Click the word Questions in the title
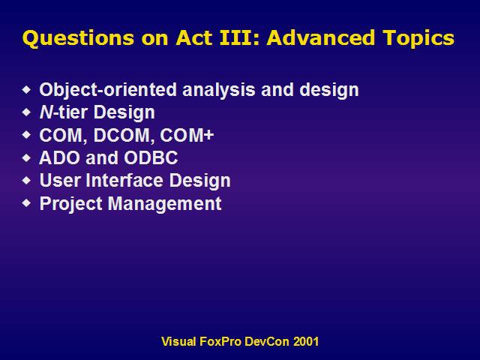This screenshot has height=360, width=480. coord(78,38)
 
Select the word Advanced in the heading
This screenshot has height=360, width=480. coord(321,37)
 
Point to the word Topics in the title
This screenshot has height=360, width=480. coord(418,39)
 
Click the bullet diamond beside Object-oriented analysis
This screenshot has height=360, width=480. coord(27,89)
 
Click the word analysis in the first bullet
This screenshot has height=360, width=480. coord(219,90)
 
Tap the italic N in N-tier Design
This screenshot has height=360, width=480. coord(46,112)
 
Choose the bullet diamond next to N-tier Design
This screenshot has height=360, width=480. coord(27,112)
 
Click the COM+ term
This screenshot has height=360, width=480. coord(187,135)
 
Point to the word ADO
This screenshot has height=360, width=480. coord(60,157)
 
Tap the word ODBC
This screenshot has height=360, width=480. coord(151,157)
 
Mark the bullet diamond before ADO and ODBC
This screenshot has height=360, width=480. coord(27,157)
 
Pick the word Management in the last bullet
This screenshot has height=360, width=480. coord(165,203)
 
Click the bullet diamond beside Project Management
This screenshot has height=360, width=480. coord(27,202)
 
